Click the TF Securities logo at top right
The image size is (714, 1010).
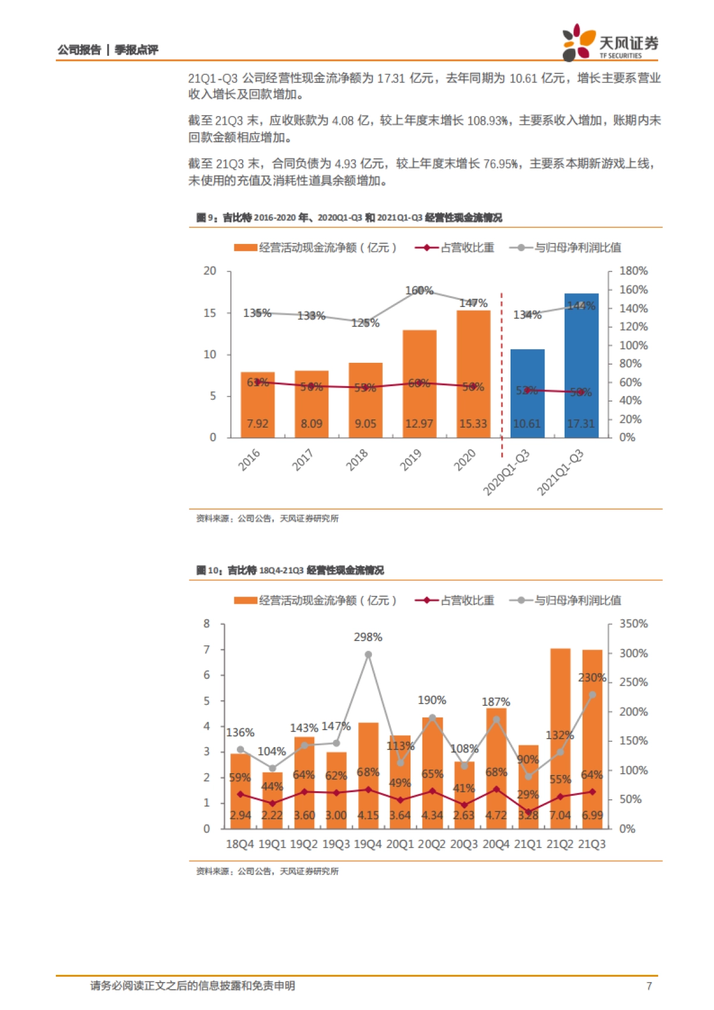[x=610, y=42]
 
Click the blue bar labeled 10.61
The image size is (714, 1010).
[x=527, y=393]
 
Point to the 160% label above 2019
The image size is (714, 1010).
[x=419, y=291]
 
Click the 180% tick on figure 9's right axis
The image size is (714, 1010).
[x=633, y=271]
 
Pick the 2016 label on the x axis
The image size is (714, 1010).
[x=250, y=460]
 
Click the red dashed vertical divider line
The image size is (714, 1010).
[x=502, y=369]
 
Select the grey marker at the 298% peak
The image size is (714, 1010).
[x=368, y=654]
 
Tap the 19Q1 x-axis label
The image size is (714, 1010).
[x=272, y=844]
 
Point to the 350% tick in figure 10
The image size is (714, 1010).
[x=633, y=624]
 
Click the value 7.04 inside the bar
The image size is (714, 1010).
[x=560, y=815]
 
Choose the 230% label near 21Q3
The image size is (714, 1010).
[x=591, y=677]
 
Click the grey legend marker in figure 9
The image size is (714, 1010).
[x=521, y=248]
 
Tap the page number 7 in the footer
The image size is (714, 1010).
[x=649, y=986]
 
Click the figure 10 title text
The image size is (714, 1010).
[x=290, y=570]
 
